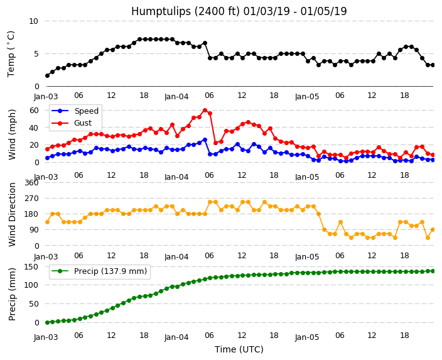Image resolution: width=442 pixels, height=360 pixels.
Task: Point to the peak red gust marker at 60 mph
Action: tap(205, 111)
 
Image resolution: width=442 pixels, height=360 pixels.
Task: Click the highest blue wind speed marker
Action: tap(205, 139)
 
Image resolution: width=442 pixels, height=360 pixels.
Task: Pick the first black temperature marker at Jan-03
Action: tap(47, 75)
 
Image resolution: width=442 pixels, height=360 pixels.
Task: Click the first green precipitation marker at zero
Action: tap(47, 322)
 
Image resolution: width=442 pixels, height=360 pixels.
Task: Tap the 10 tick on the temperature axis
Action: tap(33, 21)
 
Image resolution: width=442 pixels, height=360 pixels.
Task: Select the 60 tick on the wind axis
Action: tap(34, 111)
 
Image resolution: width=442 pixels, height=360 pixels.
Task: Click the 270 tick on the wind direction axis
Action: tap(31, 199)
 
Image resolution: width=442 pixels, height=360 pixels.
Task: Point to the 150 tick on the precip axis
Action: tap(31, 267)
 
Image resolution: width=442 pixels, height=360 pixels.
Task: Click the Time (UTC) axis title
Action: tap(239, 349)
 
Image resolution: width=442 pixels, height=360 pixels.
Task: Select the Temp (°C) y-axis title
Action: tap(11, 54)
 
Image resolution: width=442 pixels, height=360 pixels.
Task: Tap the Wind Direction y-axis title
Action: tap(12, 215)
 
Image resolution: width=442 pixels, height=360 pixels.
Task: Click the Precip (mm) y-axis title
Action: tap(12, 294)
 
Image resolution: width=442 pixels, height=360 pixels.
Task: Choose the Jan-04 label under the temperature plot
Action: tap(176, 97)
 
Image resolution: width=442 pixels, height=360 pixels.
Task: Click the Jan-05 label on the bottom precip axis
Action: tap(307, 337)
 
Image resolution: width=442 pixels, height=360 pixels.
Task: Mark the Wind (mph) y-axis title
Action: tap(12, 134)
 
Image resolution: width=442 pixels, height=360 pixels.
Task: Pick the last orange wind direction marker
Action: tap(433, 230)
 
